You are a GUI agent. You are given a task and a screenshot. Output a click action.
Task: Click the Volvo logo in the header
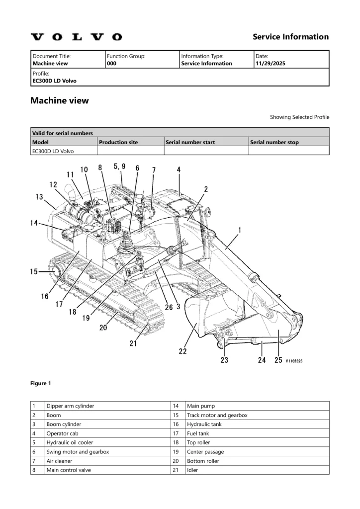coord(76,37)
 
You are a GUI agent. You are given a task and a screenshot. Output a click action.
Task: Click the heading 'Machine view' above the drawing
coord(60,100)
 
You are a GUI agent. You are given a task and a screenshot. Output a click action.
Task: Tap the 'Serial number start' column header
coord(190,142)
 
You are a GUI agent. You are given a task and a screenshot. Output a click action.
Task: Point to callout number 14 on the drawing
coord(34,223)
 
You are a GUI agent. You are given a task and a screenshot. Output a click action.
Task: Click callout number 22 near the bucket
coord(183,351)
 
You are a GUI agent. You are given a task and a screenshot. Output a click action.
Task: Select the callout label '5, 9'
coord(119,167)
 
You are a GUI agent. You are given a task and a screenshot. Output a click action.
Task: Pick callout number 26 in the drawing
coord(169,307)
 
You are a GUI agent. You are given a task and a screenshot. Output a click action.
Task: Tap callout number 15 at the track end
coord(34,271)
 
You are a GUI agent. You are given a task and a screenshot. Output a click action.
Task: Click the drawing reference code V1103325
coord(294,361)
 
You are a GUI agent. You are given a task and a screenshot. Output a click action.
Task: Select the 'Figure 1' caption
coord(41,383)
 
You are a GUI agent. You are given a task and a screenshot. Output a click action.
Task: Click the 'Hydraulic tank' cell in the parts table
coord(204,424)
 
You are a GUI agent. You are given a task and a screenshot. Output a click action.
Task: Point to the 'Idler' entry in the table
coord(192,470)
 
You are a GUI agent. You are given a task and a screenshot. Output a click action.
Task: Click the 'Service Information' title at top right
coord(290,37)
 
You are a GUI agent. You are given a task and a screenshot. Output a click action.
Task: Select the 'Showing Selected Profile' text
coord(299,117)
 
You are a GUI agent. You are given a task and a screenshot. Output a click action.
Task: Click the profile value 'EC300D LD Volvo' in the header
coord(55,81)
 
